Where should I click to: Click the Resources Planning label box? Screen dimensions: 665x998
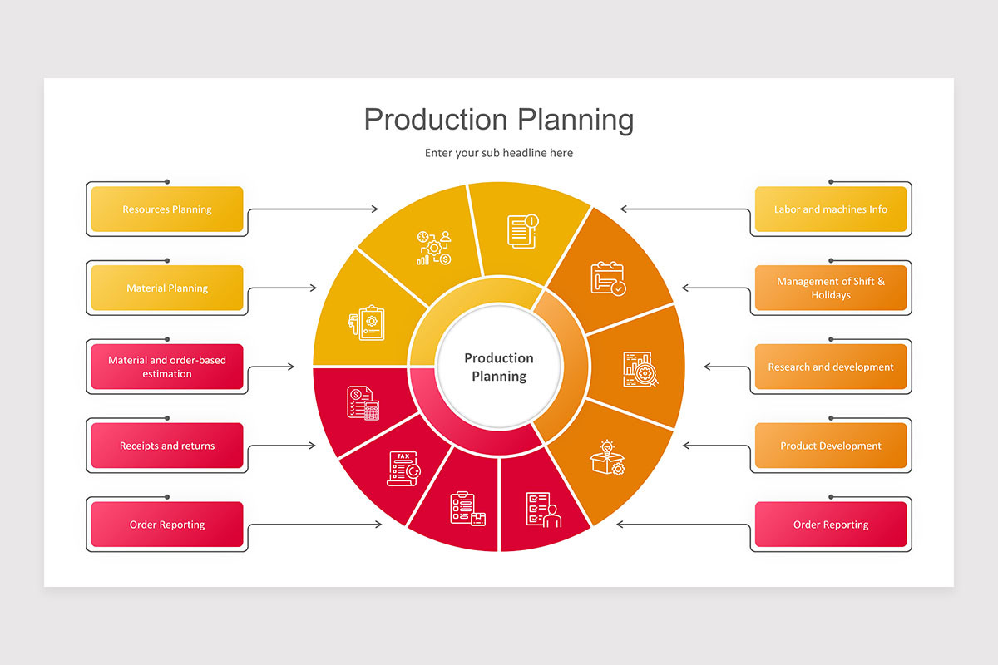[167, 209]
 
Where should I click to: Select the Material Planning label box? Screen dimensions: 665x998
[167, 288]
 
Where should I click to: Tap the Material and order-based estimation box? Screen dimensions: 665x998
[167, 367]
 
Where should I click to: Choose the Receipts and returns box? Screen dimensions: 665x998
[167, 446]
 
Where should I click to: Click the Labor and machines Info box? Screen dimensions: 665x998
[831, 209]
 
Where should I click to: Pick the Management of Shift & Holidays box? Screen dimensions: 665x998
[831, 288]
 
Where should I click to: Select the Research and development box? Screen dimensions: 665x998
[831, 367]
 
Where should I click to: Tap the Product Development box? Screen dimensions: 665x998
[831, 446]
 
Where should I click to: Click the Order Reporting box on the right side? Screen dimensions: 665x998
[831, 525]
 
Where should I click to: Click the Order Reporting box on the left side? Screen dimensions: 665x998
[167, 525]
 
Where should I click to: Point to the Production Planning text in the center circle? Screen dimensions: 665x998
[499, 367]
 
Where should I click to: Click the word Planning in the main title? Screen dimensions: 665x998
[576, 120]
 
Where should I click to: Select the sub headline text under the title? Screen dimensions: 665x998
[499, 153]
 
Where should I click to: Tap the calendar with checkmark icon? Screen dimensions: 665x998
[608, 278]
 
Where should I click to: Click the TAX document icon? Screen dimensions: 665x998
[403, 468]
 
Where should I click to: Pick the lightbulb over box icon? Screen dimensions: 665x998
[608, 458]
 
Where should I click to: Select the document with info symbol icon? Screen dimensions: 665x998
[523, 230]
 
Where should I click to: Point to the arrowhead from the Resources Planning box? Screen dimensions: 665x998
[375, 209]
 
